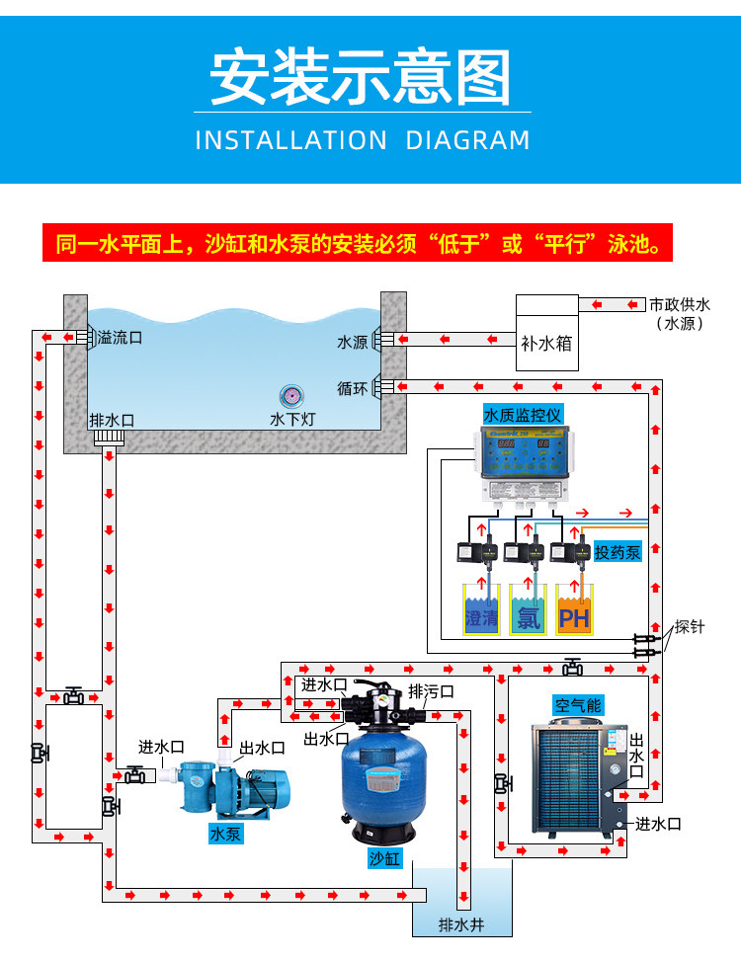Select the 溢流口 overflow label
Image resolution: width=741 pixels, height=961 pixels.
click(120, 338)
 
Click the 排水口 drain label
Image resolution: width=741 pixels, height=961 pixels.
click(112, 420)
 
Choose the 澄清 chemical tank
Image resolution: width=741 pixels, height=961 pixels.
click(482, 610)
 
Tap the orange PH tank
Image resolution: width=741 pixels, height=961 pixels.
click(574, 610)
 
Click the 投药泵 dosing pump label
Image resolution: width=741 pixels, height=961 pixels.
click(617, 552)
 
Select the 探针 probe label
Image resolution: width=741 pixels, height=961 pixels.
click(690, 627)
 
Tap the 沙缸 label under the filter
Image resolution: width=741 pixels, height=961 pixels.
click(384, 858)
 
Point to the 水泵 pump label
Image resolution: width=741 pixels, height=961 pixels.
click(225, 834)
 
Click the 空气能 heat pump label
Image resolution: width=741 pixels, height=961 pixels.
click(577, 705)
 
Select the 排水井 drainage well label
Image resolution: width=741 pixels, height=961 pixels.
click(461, 925)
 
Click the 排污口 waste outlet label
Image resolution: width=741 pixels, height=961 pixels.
click(431, 691)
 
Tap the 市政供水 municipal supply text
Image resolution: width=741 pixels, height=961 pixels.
click(679, 305)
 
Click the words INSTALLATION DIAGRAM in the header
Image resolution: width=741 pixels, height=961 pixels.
click(363, 140)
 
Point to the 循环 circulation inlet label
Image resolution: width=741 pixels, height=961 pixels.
click(353, 388)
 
